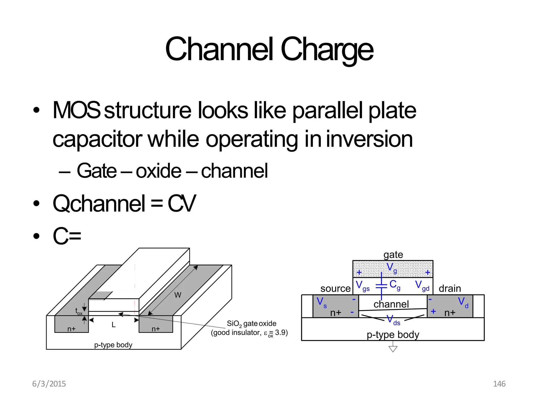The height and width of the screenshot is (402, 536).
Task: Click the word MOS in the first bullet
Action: [76, 110]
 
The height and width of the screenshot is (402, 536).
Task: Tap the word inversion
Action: [369, 139]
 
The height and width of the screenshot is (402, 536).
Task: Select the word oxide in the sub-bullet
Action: [158, 171]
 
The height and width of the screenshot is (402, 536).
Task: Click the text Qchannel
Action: [99, 204]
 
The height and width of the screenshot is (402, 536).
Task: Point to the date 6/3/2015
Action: [49, 384]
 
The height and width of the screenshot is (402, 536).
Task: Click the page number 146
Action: [499, 384]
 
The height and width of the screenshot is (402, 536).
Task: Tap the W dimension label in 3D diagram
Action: [177, 295]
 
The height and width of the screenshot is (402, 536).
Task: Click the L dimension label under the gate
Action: [113, 325]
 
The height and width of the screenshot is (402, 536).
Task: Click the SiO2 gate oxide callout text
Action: [251, 324]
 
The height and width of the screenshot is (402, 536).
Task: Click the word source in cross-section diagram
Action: [335, 288]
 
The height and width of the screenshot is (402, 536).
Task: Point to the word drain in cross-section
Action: [450, 288]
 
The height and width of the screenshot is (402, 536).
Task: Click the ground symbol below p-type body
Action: [393, 349]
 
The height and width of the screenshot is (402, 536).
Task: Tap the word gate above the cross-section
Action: [393, 255]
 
